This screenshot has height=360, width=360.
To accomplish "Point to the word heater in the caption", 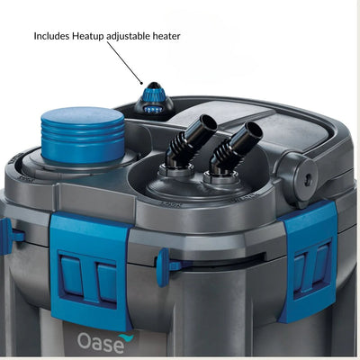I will coord(166,36).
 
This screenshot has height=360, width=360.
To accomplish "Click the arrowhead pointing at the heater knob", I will coord(142,82).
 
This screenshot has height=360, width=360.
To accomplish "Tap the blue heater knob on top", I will coord(154,98).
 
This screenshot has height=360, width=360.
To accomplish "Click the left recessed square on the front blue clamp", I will coord(71,274).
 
